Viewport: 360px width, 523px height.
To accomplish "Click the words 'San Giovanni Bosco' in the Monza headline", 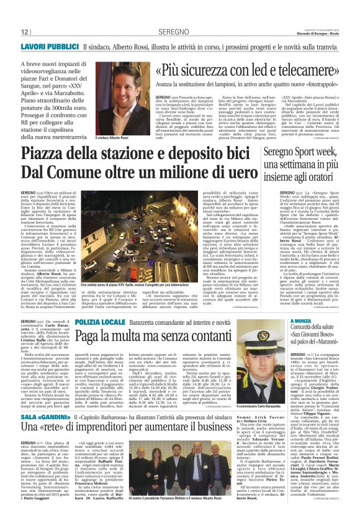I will [x=314, y=339].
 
